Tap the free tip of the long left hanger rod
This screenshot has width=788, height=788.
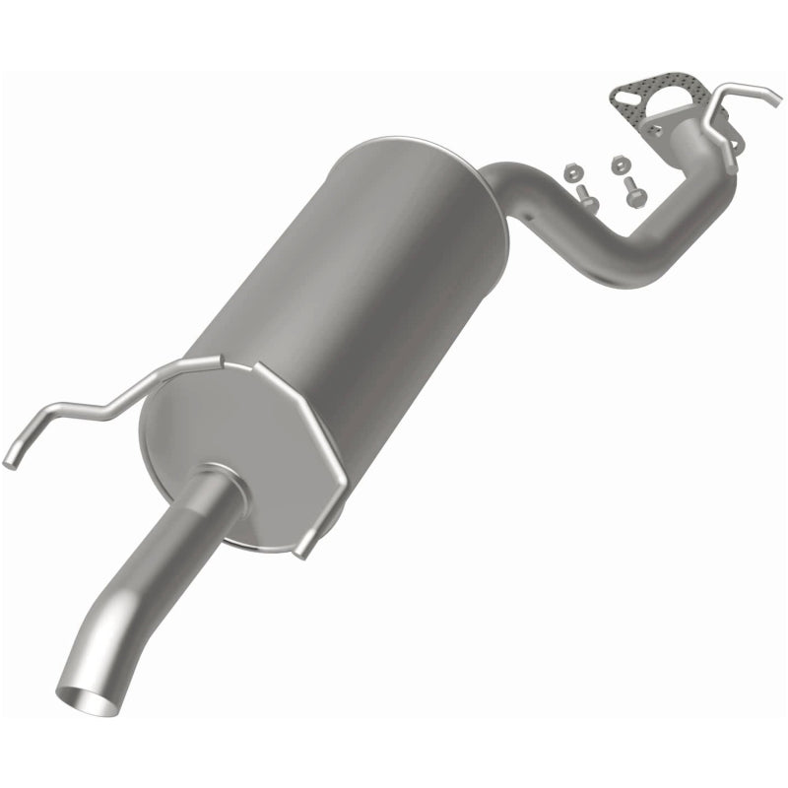9,459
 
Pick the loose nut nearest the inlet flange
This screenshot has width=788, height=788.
619,164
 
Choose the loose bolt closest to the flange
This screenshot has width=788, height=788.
632,191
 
